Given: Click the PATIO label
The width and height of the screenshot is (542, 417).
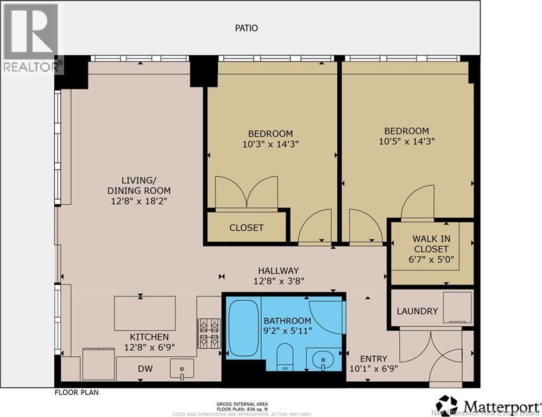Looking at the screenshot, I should pyautogui.click(x=246, y=28).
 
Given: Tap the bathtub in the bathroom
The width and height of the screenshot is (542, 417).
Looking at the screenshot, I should pyautogui.click(x=243, y=328).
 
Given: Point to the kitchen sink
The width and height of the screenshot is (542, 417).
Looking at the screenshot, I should pyautogui.click(x=182, y=369).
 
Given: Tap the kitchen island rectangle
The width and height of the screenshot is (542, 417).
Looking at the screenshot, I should pyautogui.click(x=144, y=313).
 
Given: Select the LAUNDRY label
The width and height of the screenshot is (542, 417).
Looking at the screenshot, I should pyautogui.click(x=417, y=311).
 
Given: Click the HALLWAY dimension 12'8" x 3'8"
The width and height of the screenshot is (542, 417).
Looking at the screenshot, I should pyautogui.click(x=279, y=281).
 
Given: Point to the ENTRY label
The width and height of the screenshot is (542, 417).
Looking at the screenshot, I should pyautogui.click(x=374, y=359).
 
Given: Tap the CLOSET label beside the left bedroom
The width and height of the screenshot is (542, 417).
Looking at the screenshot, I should pyautogui.click(x=246, y=228).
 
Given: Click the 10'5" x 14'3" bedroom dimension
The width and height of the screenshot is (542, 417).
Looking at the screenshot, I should pyautogui.click(x=406, y=141).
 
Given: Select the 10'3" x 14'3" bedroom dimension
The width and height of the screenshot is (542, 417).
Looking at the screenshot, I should pyautogui.click(x=270, y=144).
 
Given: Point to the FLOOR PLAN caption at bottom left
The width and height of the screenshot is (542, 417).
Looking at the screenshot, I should pyautogui.click(x=76, y=392).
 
